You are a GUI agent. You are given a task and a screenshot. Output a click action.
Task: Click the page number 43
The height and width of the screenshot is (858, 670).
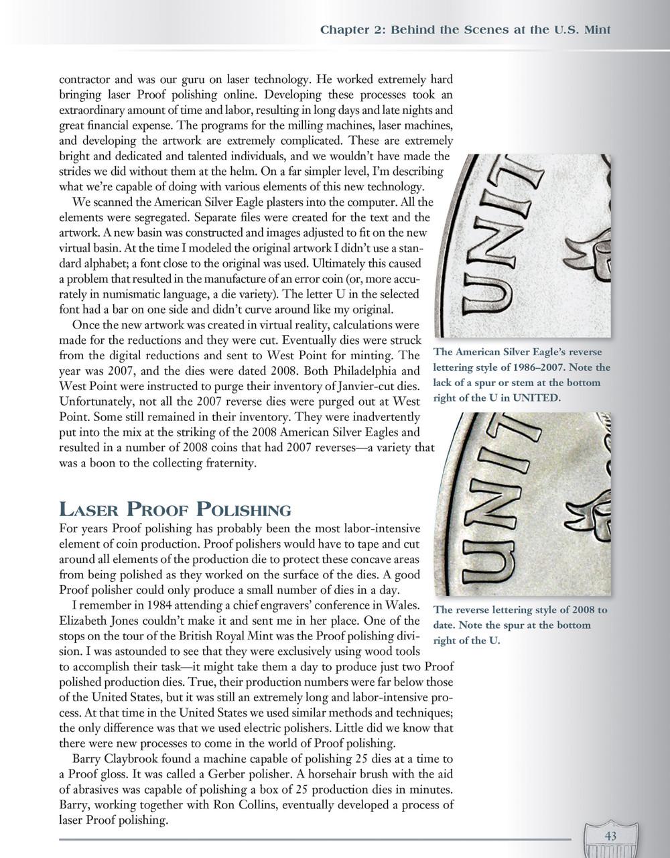click(x=610, y=835)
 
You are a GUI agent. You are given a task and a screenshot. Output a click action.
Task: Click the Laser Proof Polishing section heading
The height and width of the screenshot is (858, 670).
click(x=176, y=509)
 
